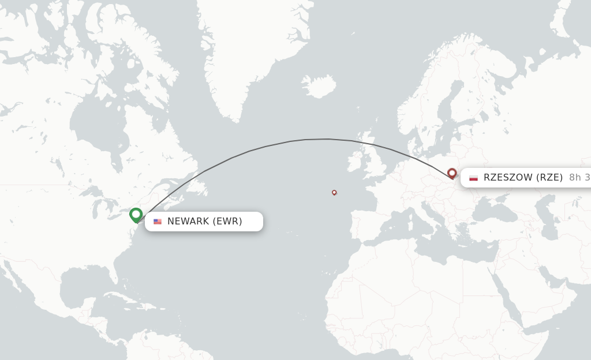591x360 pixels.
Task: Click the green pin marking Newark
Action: tap(136, 215)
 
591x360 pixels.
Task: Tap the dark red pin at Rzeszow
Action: tap(452, 172)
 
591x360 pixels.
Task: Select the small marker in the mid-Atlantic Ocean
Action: tap(334, 192)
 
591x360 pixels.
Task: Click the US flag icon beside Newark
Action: tap(158, 222)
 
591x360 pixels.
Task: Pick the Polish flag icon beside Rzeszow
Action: tap(473, 178)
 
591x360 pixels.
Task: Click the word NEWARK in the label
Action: tap(188, 222)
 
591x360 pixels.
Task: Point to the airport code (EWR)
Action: tap(227, 222)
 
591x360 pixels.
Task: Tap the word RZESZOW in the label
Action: tap(508, 178)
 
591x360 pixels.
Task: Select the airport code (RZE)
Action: tap(549, 178)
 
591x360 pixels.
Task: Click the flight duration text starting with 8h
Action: tap(579, 178)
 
